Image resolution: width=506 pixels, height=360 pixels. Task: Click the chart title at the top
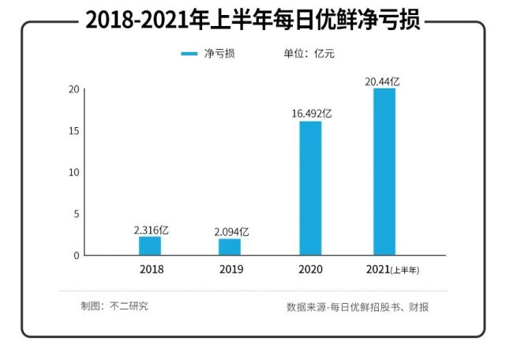253,21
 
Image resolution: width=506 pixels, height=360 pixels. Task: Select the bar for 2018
150,246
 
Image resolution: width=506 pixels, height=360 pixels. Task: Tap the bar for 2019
230,246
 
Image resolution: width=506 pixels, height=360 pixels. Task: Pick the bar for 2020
310,188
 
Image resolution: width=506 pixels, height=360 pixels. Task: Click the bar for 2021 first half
384,171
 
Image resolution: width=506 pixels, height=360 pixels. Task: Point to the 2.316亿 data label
152,229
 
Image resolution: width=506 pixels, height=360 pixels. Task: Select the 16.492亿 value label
311,114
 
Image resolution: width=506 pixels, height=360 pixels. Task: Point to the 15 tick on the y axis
74,130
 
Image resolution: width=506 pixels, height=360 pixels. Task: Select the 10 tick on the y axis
74,172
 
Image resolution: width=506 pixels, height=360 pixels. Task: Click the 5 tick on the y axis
77,214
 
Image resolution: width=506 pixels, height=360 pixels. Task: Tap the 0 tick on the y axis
77,256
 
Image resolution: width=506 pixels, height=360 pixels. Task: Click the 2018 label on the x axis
151,269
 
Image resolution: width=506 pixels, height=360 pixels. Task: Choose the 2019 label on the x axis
231,269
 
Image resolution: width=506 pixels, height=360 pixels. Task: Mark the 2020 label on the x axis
311,269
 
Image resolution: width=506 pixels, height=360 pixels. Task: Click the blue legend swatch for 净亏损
189,54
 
